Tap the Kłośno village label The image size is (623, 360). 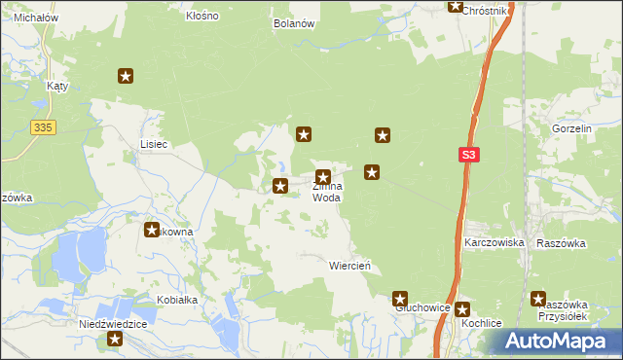(202, 17)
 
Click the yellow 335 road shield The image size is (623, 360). (41, 126)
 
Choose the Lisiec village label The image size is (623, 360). (154, 144)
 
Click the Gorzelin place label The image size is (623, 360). (571, 128)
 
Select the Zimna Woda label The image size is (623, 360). (326, 191)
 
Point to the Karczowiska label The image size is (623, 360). (495, 241)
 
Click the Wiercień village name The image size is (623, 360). (349, 265)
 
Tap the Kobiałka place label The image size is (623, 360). (175, 300)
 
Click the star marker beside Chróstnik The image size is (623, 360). (455, 6)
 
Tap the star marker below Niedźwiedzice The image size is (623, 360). (115, 340)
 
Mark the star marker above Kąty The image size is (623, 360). (125, 76)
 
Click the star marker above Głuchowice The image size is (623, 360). (399, 298)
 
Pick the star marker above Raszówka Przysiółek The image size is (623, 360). (538, 300)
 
